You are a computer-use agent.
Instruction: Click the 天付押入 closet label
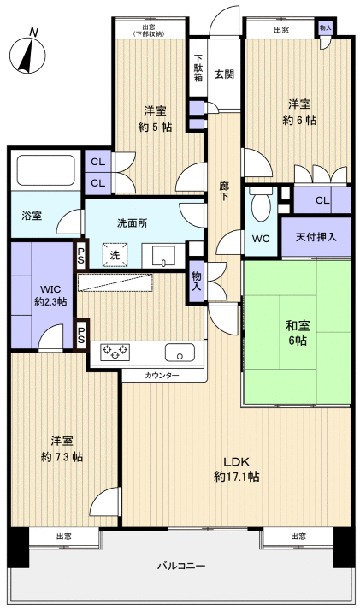click(323, 238)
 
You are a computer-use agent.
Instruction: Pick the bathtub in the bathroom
click(45, 170)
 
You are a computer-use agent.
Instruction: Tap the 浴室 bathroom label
click(32, 217)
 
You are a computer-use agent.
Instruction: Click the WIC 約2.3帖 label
click(50, 295)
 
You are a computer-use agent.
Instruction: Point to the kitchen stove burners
click(115, 351)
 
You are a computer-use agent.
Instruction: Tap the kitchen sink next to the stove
click(180, 351)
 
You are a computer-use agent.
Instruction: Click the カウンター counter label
click(162, 375)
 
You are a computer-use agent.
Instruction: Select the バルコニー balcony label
click(181, 566)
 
